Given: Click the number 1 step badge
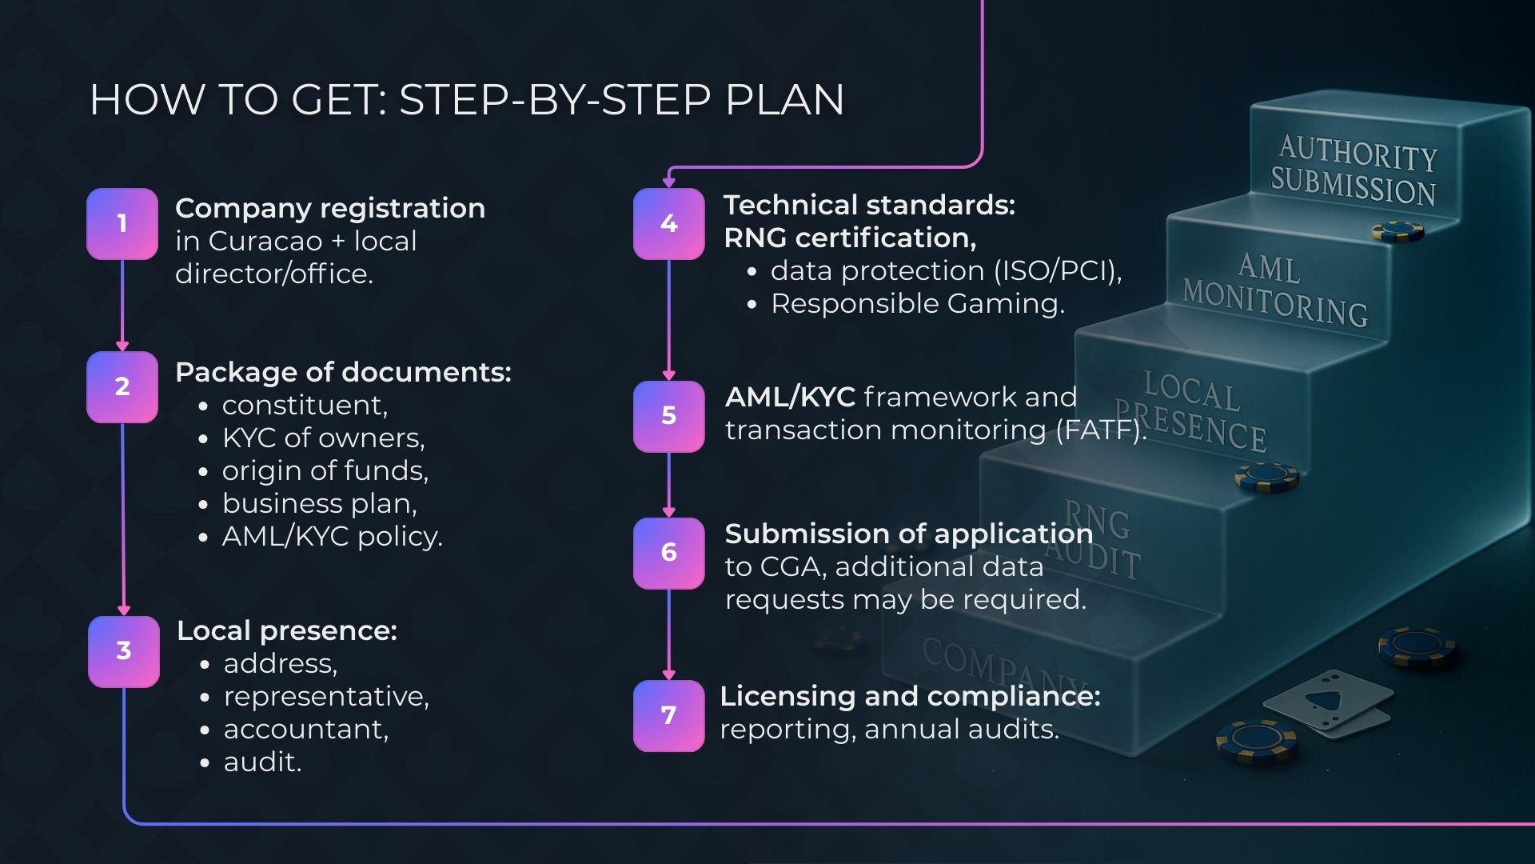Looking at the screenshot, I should click(x=122, y=224).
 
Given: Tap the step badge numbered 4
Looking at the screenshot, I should click(x=669, y=224).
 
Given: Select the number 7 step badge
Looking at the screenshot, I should click(x=669, y=715).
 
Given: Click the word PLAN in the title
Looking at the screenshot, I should click(x=784, y=100).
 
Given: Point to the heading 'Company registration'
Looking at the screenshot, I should click(x=330, y=208).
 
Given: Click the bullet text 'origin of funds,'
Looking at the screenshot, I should click(x=325, y=470).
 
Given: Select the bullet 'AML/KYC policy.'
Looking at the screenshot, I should click(x=332, y=536).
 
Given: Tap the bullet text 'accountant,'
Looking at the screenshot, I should click(x=306, y=729).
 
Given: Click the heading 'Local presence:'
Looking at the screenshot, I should click(x=287, y=630).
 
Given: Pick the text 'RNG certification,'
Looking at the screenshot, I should click(x=850, y=238).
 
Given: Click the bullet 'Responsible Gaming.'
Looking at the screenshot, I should click(x=918, y=303).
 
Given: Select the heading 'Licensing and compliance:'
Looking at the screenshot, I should click(x=910, y=696).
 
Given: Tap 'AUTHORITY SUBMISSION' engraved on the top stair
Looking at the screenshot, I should click(x=1354, y=170).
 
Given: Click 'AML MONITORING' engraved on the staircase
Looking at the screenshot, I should click(x=1274, y=290).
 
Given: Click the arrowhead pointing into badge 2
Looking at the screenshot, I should click(x=122, y=346).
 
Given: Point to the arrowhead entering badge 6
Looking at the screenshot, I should click(x=669, y=512).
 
